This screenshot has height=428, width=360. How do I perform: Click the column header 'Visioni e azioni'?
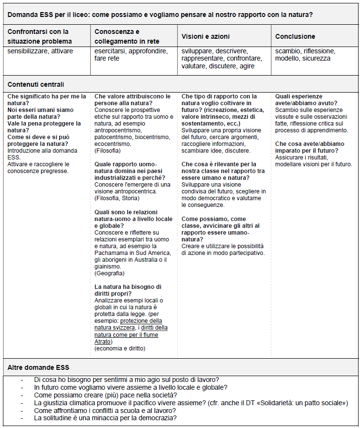click(x=205, y=36)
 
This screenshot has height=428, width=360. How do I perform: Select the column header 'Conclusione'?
click(x=295, y=36)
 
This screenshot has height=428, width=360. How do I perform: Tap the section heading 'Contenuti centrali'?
click(x=36, y=84)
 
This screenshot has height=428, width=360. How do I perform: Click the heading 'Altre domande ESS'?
click(x=38, y=367)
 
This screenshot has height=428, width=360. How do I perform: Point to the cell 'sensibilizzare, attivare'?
click(x=42, y=51)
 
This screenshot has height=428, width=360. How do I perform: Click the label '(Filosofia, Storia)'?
click(x=117, y=198)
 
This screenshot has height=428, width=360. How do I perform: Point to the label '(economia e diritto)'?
click(x=120, y=348)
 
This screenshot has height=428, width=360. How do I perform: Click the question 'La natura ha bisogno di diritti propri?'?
click(x=128, y=290)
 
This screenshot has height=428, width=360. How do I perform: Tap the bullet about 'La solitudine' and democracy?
click(x=105, y=418)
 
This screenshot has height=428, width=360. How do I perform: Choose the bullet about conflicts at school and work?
click(x=105, y=411)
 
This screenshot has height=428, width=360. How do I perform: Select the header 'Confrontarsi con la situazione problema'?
click(x=40, y=36)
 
